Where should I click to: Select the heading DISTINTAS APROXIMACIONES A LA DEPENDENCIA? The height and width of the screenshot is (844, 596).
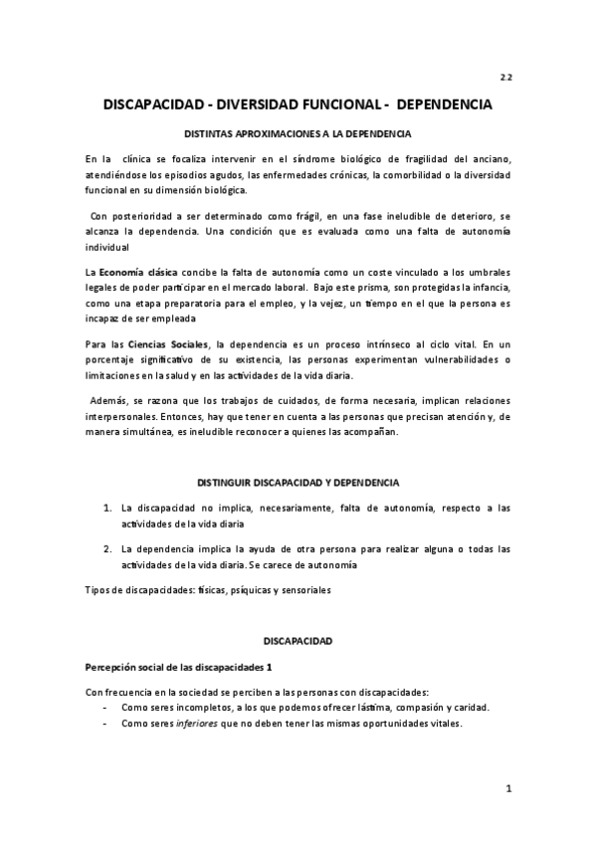(x=298, y=133)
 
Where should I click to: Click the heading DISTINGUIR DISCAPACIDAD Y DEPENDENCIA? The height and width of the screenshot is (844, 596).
(x=298, y=482)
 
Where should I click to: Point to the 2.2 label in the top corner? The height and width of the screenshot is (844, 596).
(x=504, y=77)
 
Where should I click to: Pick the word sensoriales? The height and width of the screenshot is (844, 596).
(x=302, y=589)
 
